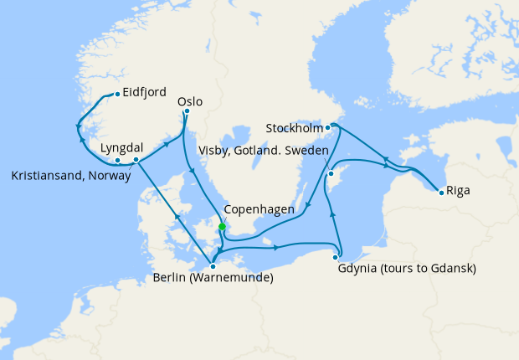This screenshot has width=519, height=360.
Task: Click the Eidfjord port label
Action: [x=144, y=92]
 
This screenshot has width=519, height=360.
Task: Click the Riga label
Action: [x=458, y=190]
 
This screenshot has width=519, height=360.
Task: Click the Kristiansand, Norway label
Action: [x=71, y=176]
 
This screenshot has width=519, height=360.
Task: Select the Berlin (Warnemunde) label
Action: [x=214, y=278]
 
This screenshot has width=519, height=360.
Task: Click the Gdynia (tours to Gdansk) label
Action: [x=407, y=269]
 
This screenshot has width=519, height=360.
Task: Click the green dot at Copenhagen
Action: [x=222, y=226]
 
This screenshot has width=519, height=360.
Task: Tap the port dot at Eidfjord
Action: [x=118, y=93]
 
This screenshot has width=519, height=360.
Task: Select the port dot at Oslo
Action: [x=187, y=111]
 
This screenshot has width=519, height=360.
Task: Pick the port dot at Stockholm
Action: [x=328, y=127]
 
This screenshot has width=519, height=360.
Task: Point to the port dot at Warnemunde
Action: [x=213, y=266]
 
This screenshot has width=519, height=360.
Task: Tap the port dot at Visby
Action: [x=331, y=174]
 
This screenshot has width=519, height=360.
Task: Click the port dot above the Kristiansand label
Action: [x=118, y=159]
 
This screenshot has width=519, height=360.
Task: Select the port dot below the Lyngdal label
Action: [x=136, y=158]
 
